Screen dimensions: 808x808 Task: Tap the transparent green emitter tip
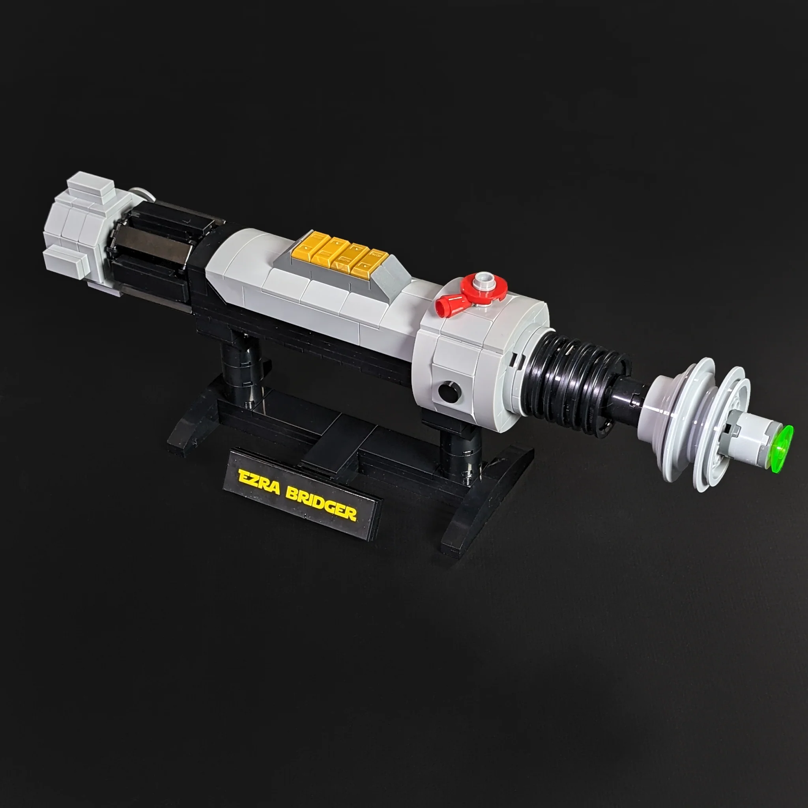pos(782,448)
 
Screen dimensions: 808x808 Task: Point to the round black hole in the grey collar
pos(450,392)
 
